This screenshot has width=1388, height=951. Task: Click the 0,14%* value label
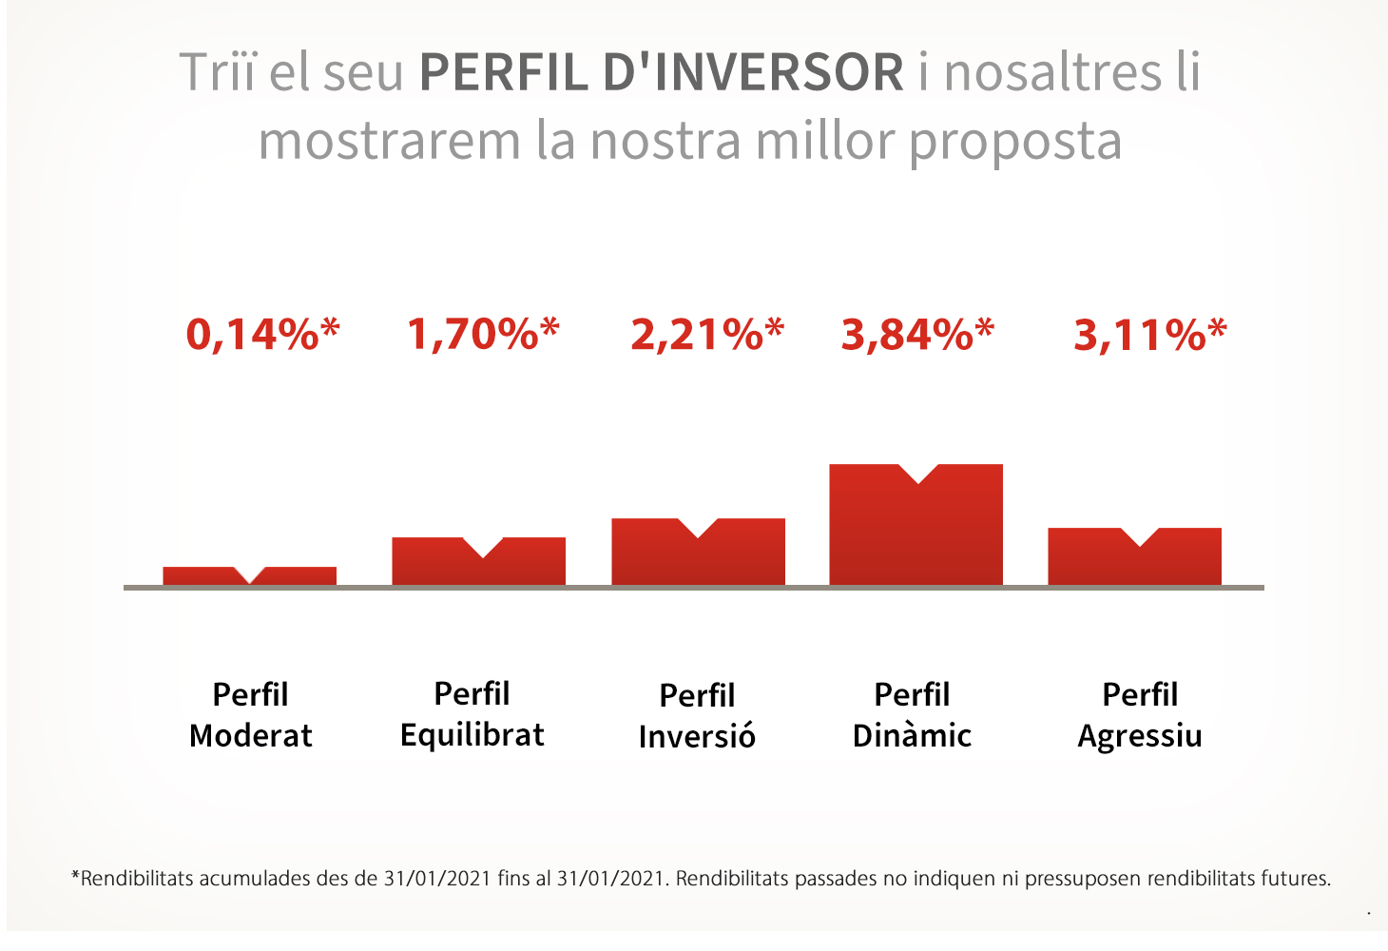[x=262, y=335]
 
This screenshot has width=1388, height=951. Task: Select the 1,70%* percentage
[x=483, y=335]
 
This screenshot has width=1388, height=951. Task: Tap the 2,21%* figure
[x=707, y=335]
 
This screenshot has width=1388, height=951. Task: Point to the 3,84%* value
[x=917, y=335]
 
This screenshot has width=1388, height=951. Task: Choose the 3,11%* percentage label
[x=1150, y=335]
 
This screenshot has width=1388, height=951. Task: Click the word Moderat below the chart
[x=251, y=736]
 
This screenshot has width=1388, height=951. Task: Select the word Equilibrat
[x=472, y=736]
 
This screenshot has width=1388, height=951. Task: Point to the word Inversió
[x=697, y=736]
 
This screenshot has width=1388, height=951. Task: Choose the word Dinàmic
[x=912, y=735]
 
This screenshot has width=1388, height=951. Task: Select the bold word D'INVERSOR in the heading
[x=753, y=72]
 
